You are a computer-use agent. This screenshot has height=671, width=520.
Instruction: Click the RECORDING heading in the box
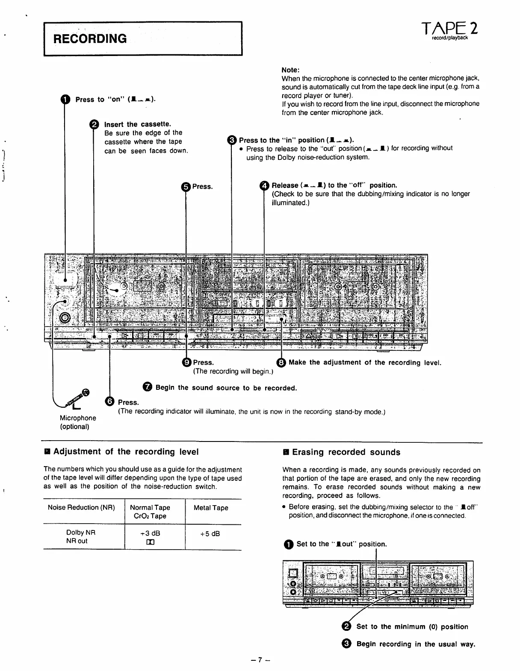90,39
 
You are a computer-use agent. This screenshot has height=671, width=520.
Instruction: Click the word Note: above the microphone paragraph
290,70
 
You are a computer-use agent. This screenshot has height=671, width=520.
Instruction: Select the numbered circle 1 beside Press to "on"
65,100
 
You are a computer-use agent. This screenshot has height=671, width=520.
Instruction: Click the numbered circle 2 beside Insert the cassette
94,124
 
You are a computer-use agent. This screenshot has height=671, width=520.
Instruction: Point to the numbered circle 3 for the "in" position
231,140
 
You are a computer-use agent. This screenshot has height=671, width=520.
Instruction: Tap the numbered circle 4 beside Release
264,185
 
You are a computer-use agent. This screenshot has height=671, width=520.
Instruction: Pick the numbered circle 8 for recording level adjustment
281,362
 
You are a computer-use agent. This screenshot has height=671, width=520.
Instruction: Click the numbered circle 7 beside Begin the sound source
148,388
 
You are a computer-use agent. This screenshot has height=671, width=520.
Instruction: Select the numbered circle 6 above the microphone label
109,402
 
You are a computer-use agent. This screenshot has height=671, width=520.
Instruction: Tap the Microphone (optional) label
78,422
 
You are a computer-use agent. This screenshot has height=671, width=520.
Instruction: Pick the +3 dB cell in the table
150,533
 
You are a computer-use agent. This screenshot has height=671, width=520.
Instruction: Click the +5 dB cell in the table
210,533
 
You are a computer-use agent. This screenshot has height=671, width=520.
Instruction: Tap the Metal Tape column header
211,508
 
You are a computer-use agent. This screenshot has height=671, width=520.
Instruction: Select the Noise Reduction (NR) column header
81,508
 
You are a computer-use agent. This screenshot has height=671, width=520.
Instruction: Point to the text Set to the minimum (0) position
412,627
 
